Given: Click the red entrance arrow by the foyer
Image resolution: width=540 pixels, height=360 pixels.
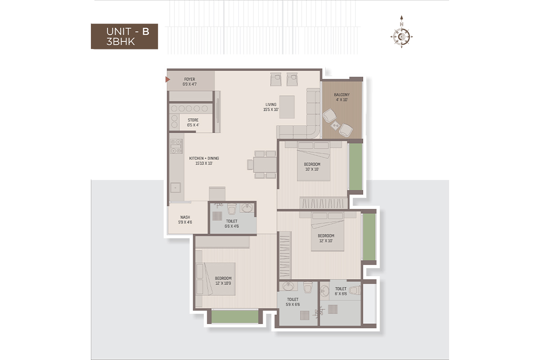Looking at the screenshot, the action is pos(167,79).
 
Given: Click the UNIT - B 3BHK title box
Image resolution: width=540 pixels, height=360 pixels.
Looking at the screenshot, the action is pos(124,36).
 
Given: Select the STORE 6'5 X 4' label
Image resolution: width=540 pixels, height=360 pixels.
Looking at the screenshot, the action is pos(193,122).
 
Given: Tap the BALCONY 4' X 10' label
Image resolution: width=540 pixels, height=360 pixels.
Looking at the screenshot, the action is pos(342,97).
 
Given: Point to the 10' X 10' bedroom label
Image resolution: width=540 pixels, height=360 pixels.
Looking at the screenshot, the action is pos(312,169).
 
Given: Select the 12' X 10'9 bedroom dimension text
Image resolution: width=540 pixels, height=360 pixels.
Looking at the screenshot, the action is pos(223,283).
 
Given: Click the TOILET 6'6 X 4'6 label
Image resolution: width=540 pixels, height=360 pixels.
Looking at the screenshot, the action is pos(232,224).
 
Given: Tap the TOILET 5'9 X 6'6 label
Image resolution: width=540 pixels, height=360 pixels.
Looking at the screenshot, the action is pos(292,302).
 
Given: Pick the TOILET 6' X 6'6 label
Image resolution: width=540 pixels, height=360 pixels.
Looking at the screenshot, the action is pos(341,291).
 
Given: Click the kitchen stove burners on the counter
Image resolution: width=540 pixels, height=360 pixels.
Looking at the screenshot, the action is pos(176,146).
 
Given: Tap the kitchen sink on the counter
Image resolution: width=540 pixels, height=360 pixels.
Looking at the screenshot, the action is pos(175,188).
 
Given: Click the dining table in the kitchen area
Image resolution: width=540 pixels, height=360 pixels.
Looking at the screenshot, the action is pos(265,165).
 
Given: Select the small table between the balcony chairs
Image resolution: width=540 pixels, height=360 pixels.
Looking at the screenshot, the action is pos(335,126).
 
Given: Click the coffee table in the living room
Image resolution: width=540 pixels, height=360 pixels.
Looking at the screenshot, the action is pos(287,107).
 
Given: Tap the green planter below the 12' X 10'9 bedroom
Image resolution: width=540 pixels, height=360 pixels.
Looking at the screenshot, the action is pos(235,316).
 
